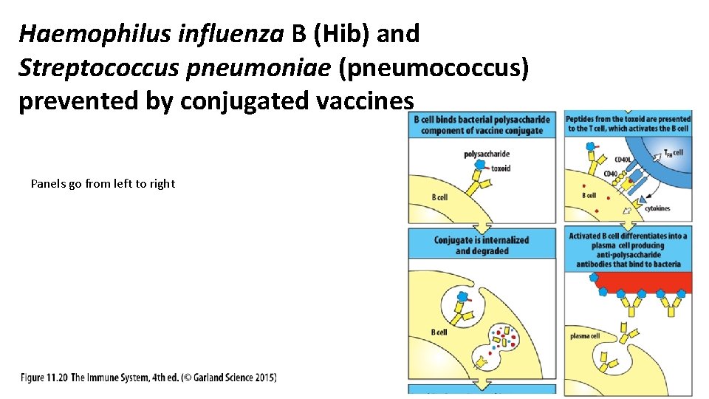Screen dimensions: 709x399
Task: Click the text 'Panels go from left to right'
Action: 103,184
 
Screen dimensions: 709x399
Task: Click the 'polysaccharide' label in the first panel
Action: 487,154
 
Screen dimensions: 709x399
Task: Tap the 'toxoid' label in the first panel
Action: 501,168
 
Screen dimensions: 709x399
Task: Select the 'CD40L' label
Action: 623,160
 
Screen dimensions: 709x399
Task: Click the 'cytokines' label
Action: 657,208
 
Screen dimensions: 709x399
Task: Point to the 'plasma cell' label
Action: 585,336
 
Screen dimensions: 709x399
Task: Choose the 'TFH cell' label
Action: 673,153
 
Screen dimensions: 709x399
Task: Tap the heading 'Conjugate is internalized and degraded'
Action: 482,245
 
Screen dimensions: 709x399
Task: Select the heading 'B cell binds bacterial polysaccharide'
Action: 482,125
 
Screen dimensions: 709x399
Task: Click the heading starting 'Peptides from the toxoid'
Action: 628,123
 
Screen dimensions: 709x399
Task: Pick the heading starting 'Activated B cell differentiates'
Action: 628,250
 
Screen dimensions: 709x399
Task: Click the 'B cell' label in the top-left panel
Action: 439,198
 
